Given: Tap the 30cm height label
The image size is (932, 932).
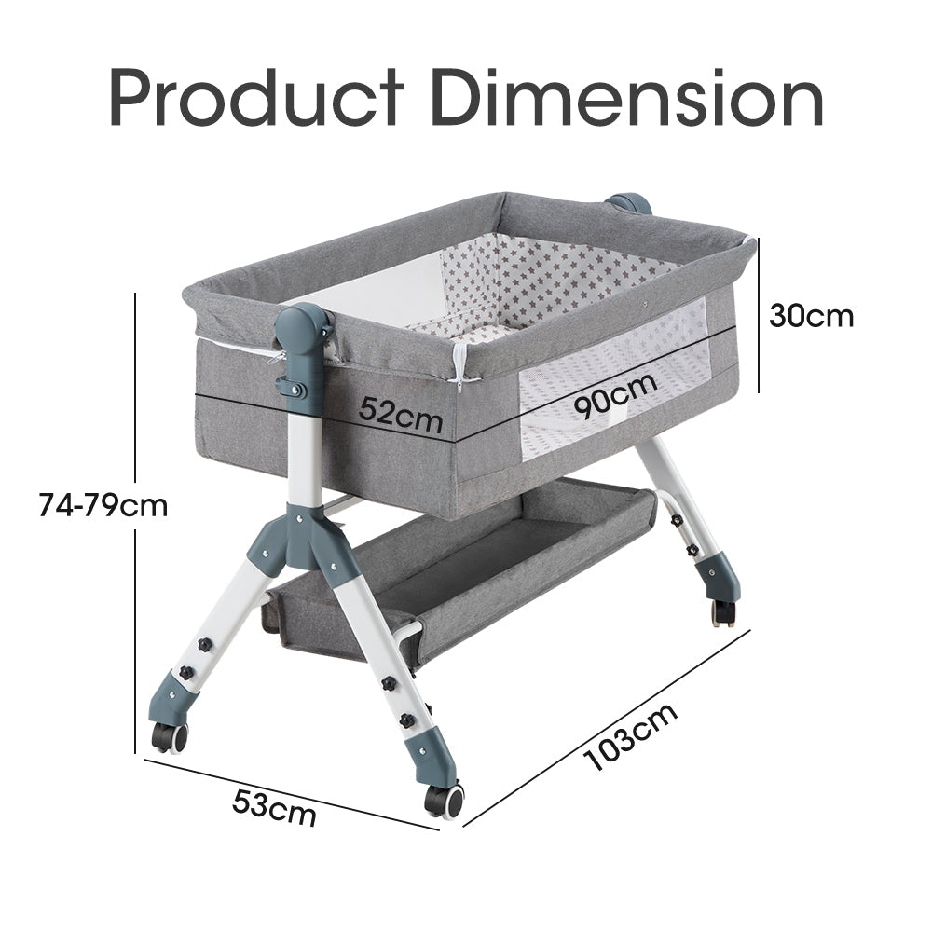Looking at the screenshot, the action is click(812, 316).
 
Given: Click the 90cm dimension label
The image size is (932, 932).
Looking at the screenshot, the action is click(616, 394).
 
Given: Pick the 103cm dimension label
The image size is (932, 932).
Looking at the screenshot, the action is click(631, 737).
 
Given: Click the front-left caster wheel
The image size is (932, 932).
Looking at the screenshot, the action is click(170, 737).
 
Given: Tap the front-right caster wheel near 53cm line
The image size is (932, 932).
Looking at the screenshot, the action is click(444, 801).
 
